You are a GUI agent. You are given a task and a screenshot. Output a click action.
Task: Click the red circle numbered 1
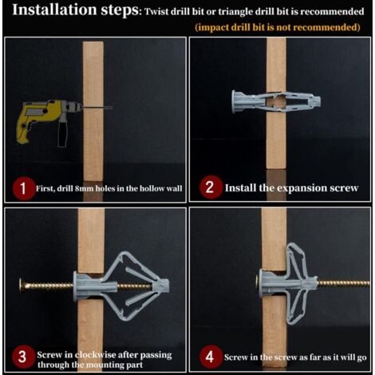coord(23,188)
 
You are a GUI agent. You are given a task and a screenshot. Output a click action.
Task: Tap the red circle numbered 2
coord(210,187)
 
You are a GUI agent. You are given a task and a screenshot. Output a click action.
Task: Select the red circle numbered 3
coord(23,357)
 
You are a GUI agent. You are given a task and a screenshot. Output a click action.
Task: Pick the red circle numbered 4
coord(210,357)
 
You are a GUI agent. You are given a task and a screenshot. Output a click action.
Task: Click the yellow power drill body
coord(38,117)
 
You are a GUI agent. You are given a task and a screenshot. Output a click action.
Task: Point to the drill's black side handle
coord(63,133)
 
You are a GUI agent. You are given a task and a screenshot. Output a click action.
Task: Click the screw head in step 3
coord(22,286)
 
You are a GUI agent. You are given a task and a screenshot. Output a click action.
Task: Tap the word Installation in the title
coord(54,10)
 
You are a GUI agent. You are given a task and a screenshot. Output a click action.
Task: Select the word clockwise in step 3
coord(95,355)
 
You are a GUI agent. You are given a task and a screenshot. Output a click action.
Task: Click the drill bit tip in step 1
coord(112,108)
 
